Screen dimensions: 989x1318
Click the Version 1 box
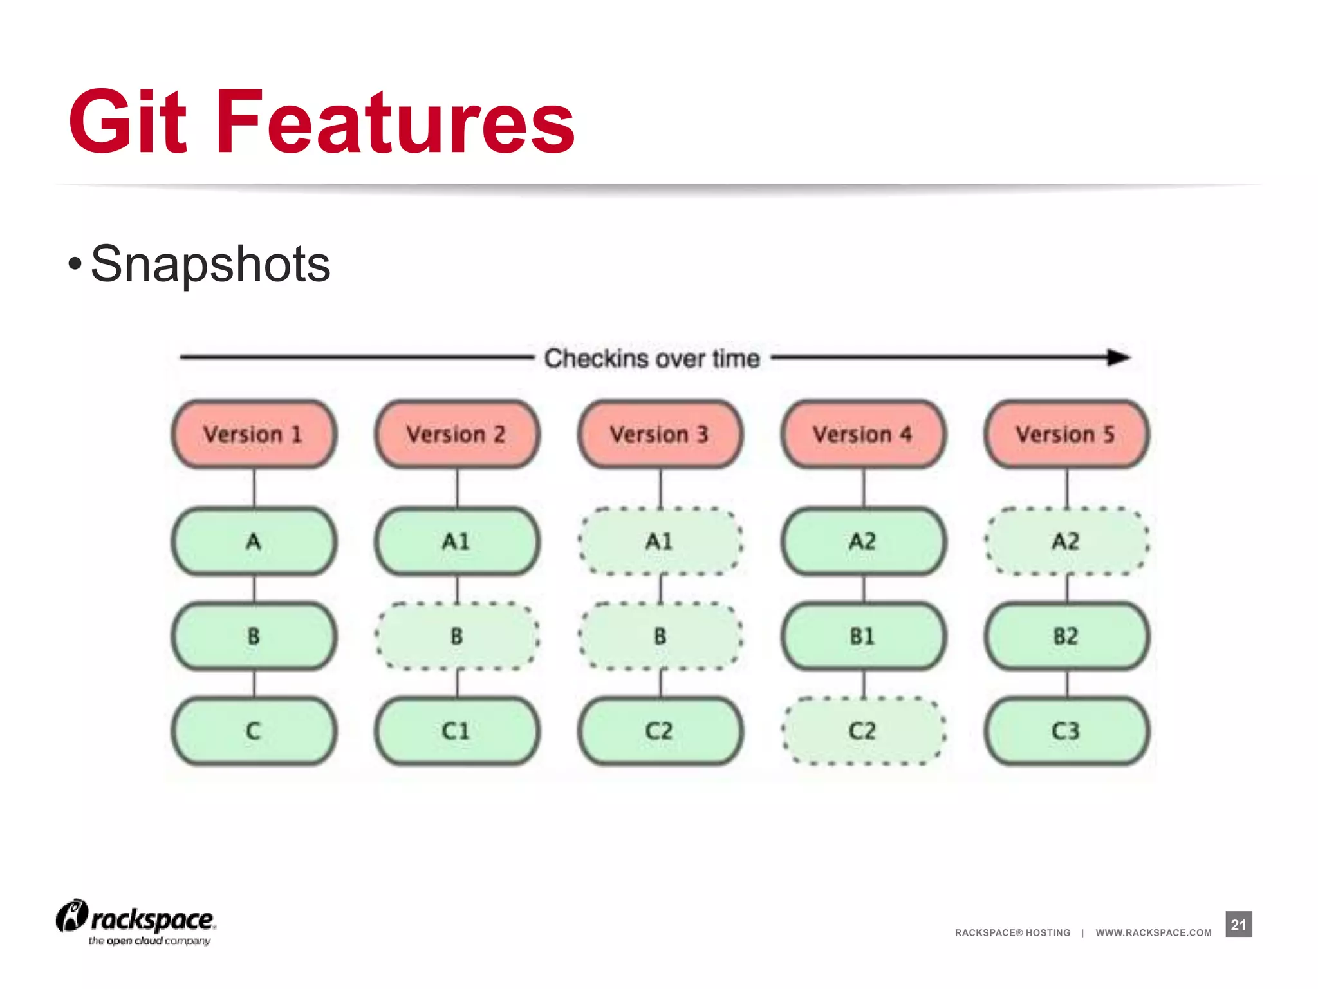tap(254, 434)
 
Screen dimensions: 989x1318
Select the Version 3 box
tap(660, 434)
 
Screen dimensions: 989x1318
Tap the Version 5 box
tap(1066, 434)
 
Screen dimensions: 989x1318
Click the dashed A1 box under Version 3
tap(660, 541)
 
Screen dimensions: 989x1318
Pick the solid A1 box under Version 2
tap(457, 541)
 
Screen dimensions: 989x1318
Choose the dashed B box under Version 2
tap(457, 636)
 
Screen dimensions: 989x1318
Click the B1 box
tap(863, 636)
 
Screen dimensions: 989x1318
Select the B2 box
tap(1066, 636)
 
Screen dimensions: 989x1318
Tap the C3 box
tap(1066, 731)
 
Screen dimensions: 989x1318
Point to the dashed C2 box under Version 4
tap(863, 731)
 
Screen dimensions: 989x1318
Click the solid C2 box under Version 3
tap(660, 731)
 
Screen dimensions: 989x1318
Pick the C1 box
tap(457, 731)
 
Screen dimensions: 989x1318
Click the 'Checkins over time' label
tap(652, 359)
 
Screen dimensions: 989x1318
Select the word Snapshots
tap(210, 264)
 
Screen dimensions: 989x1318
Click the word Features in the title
tap(395, 122)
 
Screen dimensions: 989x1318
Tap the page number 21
tap(1238, 925)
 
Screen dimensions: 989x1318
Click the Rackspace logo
tap(136, 921)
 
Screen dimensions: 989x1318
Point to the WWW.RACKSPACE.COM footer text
tap(1153, 932)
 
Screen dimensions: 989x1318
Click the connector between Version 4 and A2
tap(864, 488)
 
